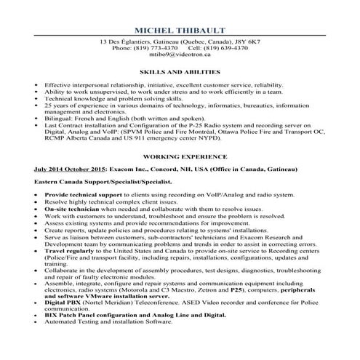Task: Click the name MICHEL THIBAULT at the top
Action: tap(180, 30)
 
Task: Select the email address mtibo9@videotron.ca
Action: tap(180, 54)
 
